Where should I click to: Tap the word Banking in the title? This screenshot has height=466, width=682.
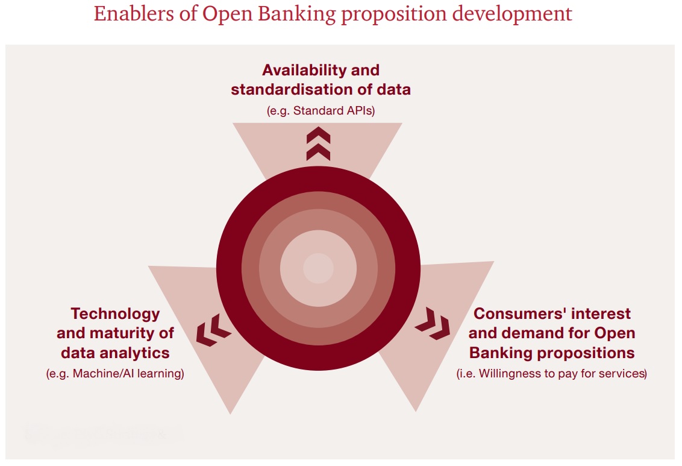(296, 14)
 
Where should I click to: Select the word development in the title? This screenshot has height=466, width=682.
(512, 14)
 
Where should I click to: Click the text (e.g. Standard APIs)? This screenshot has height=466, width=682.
(321, 110)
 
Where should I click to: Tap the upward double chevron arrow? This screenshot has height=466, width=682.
(318, 143)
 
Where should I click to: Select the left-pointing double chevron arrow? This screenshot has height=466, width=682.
(213, 330)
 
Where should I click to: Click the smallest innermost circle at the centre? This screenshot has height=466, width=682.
(318, 268)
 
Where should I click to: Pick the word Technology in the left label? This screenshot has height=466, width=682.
(115, 313)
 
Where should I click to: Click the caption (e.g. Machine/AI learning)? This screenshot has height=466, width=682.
(115, 373)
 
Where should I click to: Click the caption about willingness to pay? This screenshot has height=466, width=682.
(551, 373)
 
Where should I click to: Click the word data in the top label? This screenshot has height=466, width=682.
(393, 89)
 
